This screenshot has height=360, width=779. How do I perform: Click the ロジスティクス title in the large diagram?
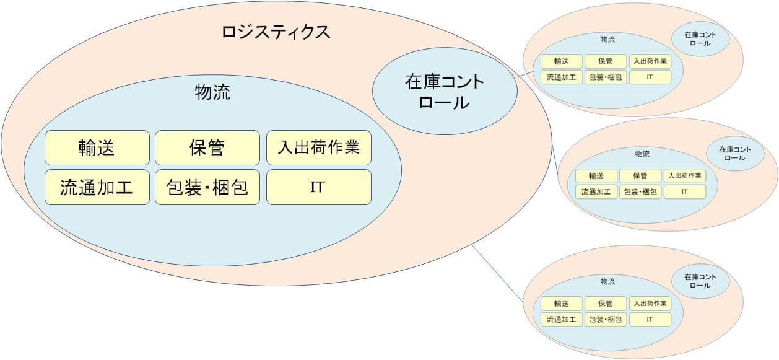[x=276, y=32]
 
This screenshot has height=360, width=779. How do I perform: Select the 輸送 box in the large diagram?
[x=97, y=147]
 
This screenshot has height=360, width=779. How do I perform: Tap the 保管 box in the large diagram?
[x=207, y=147]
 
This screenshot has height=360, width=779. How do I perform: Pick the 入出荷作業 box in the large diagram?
[x=318, y=147]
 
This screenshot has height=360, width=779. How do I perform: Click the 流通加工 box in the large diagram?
[x=97, y=187]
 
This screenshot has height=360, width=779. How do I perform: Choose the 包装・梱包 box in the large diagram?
[x=207, y=187]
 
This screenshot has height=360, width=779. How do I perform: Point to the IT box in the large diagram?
[x=318, y=187]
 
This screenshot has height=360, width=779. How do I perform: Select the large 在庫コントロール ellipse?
[x=444, y=91]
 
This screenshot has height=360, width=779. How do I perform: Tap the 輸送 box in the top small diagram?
[x=562, y=61]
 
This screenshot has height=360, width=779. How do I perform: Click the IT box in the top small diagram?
[x=650, y=77]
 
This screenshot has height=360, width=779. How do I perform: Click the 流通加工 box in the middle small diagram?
[x=596, y=192]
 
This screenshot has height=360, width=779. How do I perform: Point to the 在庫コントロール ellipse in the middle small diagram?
[x=734, y=153]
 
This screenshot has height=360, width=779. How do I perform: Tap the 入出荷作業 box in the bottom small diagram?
[x=650, y=304]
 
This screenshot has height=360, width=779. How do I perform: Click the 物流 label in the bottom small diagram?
[x=607, y=281]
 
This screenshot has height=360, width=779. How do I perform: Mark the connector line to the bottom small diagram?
[x=498, y=271]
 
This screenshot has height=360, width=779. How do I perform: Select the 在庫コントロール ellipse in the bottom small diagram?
[x=700, y=281]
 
